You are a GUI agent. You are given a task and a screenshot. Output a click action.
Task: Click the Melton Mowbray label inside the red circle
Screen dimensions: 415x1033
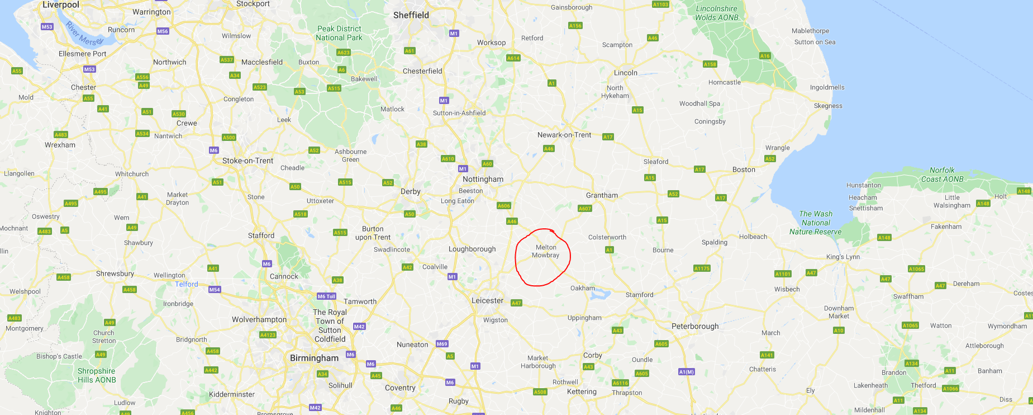click(545, 251)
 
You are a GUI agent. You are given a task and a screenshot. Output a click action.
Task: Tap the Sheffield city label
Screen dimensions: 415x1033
click(411, 15)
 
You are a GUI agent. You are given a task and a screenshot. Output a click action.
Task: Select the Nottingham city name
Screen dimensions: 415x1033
click(483, 179)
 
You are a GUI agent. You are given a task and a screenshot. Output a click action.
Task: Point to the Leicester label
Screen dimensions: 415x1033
click(487, 300)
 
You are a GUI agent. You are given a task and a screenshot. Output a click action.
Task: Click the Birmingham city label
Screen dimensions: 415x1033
click(314, 358)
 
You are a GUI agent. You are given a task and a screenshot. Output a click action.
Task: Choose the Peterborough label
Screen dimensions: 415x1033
click(695, 326)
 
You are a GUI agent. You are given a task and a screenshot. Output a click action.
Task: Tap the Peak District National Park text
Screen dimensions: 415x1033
click(339, 33)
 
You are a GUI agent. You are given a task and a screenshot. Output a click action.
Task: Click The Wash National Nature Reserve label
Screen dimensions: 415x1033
click(816, 223)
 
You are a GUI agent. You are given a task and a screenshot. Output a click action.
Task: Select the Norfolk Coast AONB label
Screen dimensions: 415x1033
click(942, 175)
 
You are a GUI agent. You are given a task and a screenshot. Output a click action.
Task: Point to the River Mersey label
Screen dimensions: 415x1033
click(84, 34)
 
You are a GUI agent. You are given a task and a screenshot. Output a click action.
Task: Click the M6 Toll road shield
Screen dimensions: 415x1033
click(326, 296)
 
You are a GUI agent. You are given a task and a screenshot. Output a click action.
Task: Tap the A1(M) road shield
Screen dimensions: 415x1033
click(686, 372)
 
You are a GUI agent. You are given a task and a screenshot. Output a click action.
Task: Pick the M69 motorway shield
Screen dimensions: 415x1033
click(442, 344)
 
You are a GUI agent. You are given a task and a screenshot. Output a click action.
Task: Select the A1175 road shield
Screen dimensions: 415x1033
click(702, 268)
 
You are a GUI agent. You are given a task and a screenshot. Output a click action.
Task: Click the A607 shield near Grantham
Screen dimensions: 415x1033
click(584, 209)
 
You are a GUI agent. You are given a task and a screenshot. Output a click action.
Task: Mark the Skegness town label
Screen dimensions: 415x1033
click(828, 106)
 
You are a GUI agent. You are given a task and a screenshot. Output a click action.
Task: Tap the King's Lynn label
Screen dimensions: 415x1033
click(843, 257)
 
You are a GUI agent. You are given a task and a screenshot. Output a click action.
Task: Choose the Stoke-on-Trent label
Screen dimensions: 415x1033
click(247, 161)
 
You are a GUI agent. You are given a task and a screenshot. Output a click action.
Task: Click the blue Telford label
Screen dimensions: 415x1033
click(187, 284)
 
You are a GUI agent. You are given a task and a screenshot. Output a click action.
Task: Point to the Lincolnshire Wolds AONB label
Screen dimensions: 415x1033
click(717, 13)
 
